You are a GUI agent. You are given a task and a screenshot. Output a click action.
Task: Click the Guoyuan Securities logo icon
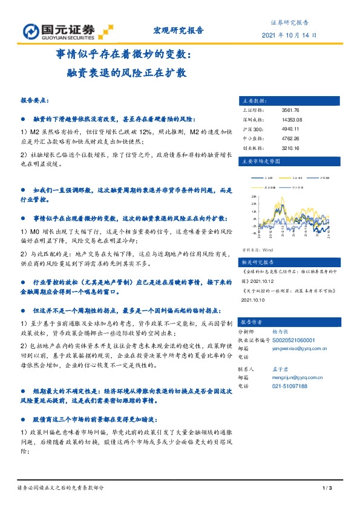point(30,31)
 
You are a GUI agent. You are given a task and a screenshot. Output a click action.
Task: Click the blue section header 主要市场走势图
point(261,162)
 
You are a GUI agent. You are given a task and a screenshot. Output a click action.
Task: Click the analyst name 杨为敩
point(279,332)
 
